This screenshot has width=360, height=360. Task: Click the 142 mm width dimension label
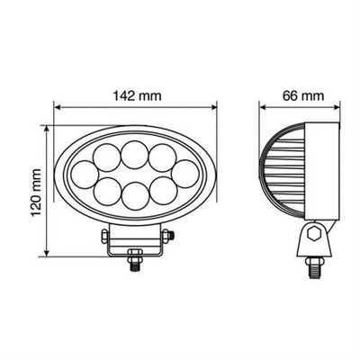(x=135, y=94)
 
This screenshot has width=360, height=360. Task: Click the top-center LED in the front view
(x=135, y=149)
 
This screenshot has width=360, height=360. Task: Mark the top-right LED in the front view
(x=164, y=154)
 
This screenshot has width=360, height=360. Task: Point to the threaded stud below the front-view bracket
(x=135, y=265)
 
